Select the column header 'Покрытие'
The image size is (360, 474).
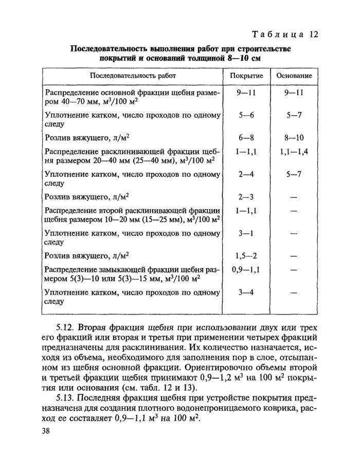246,76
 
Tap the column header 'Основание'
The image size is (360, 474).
294,76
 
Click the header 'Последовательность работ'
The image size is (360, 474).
133,76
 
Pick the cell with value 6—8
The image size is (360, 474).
246,137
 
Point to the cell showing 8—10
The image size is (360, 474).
295,137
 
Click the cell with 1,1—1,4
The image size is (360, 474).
294,152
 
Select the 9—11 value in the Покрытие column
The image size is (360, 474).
246,93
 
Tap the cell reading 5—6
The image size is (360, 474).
246,116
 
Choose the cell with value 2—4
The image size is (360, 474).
246,174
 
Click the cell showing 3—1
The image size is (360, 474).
246,233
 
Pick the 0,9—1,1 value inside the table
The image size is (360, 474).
246,269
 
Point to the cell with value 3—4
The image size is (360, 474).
246,292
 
